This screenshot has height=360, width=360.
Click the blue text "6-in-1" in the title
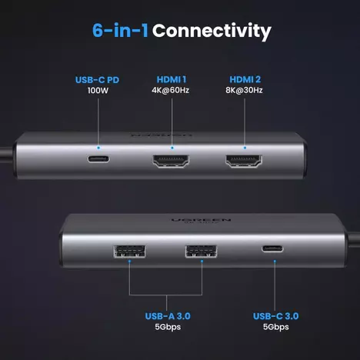119,32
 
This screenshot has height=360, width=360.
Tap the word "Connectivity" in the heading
212,32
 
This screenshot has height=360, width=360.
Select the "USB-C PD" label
97,79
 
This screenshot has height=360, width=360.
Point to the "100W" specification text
97,92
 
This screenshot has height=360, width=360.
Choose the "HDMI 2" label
245,79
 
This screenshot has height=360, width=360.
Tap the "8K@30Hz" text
245,92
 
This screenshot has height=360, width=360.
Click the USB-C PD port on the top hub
98,162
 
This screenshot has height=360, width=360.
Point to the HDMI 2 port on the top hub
244,162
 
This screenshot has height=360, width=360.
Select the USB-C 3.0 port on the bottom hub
275,249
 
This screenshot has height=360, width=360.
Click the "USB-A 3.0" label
164,316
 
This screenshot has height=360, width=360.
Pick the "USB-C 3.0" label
275,316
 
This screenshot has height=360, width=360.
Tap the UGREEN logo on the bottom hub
189,222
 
